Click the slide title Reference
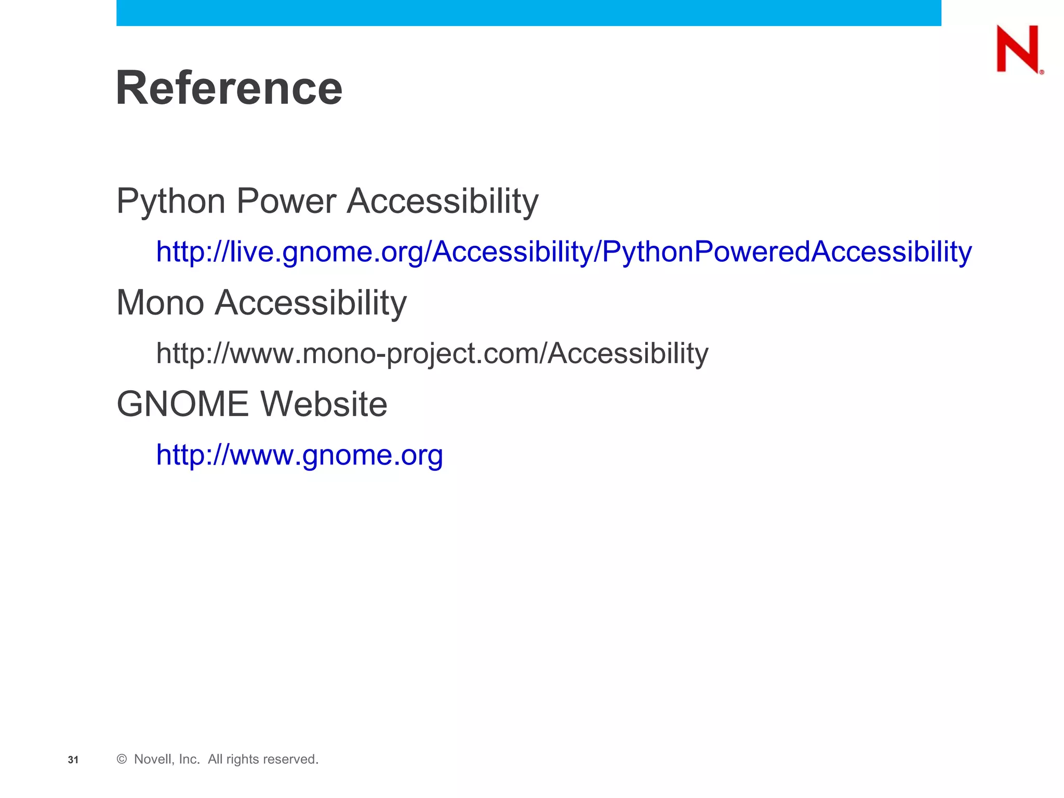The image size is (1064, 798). [x=229, y=88]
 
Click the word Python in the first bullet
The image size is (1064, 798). [x=172, y=202]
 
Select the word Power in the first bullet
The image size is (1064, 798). [x=286, y=201]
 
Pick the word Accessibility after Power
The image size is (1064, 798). [x=443, y=201]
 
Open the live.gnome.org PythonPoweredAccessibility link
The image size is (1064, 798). [x=564, y=252]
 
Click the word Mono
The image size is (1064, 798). [x=160, y=302]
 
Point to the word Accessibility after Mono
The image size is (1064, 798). [x=311, y=303]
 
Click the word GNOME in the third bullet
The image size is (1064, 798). [x=183, y=404]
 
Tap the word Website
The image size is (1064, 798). [x=324, y=404]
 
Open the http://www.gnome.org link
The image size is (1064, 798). [x=299, y=455]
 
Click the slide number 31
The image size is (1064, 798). [x=73, y=760]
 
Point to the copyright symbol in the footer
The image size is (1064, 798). [x=122, y=759]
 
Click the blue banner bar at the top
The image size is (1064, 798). [x=528, y=12]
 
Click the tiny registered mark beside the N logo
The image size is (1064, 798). [x=1042, y=72]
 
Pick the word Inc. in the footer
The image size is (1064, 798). [x=190, y=759]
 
